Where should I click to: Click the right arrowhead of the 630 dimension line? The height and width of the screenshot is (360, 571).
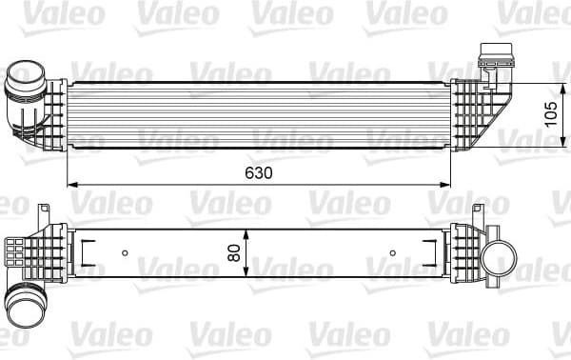pyautogui.click(x=456, y=183)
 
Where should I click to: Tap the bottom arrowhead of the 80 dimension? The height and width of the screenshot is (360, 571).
pyautogui.click(x=246, y=275)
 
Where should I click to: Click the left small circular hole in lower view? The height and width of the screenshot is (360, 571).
pyautogui.click(x=125, y=253)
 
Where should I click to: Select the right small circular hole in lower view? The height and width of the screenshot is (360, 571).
pyautogui.click(x=394, y=253)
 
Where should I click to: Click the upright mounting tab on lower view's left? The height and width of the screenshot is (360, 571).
pyautogui.click(x=44, y=215)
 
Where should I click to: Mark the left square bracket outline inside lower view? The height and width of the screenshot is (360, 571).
pyautogui.click(x=87, y=253)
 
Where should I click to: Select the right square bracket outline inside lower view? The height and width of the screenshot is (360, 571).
pyautogui.click(x=434, y=253)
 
